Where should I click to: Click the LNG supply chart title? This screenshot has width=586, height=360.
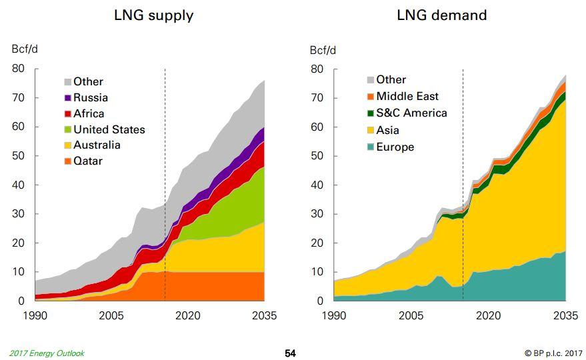click(153, 15)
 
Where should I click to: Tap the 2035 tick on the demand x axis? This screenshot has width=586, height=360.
click(565, 315)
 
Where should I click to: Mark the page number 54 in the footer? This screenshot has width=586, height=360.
click(290, 353)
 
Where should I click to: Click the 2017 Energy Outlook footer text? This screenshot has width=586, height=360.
click(47, 353)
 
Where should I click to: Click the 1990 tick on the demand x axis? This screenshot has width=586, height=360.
click(334, 315)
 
